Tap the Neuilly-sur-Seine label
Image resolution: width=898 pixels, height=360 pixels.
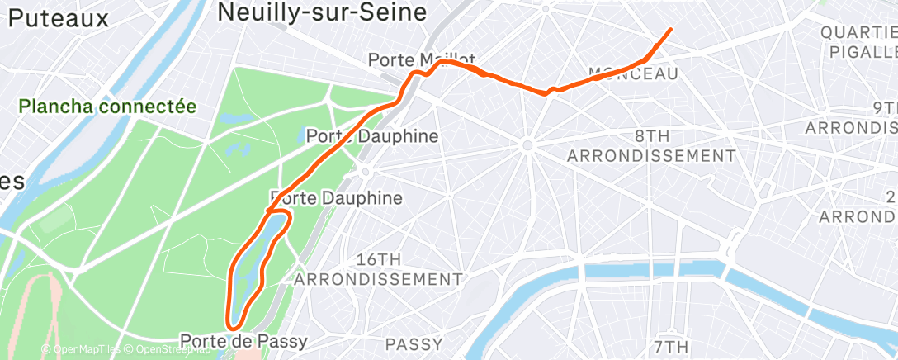coord(321,12)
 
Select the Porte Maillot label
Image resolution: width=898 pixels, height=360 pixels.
coord(421,60)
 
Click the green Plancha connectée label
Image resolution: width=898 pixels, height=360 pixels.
coord(108,107)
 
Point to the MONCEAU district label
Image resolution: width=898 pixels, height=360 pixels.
coord(633,74)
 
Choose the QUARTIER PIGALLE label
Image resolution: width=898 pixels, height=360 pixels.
coord(858,42)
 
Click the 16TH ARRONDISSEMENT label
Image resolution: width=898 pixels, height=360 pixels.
coord(378,269)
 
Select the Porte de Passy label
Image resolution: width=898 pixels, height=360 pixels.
coord(243,341)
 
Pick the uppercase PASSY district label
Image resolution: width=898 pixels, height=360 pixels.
coord(415,343)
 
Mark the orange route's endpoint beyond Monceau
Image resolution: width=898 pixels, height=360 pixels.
coord(669,29)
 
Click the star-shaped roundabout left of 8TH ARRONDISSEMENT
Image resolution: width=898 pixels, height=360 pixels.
coord(526,146)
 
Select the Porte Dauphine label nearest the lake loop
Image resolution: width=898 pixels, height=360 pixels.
coord(337,198)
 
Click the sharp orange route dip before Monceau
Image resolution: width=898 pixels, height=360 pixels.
coord(546,93)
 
